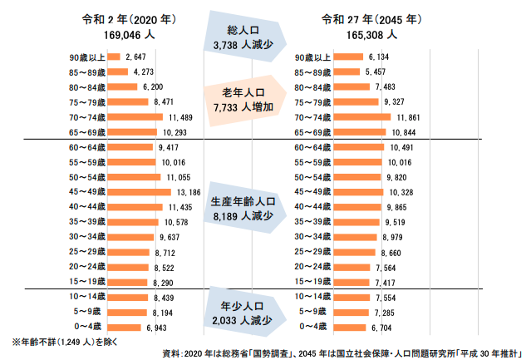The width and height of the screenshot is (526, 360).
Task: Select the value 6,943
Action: [x=156, y=327]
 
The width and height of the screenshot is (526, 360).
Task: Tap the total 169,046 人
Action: [x=127, y=36]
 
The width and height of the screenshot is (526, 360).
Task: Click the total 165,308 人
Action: [x=373, y=36]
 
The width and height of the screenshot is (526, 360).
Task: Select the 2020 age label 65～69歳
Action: [x=86, y=132]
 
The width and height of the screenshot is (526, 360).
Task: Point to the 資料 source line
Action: [x=341, y=353]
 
